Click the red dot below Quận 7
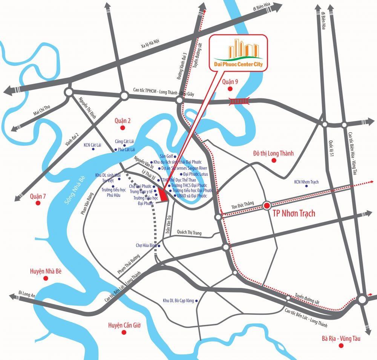point(38,203)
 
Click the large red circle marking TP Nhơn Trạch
point(267,206)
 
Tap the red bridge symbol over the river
point(240,101)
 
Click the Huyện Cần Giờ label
point(124,325)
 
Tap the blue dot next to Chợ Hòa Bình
point(159,246)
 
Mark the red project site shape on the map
point(163,195)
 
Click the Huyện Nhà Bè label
point(45,271)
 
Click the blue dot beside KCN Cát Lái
point(93,149)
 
